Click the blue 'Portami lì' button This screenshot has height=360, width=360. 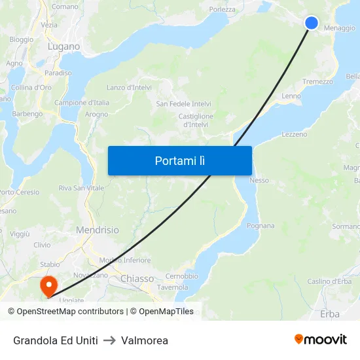coord(180,160)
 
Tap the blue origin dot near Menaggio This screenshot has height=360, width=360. coord(312,23)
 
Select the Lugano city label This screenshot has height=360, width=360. coord(64,46)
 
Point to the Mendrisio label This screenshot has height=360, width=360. coord(98,230)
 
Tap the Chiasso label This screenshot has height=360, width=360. coord(137,278)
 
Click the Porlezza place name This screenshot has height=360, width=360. coord(222,9)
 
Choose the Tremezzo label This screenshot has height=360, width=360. coord(317,82)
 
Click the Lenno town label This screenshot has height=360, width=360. coord(291,96)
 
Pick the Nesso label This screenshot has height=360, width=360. coord(259,180)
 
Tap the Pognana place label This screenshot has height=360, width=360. coord(261,225)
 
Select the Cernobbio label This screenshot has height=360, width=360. coord(182,276)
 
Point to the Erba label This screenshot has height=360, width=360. coord(330,314)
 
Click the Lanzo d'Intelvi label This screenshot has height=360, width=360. coord(129,87)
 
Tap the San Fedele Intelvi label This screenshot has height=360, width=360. coord(183,103)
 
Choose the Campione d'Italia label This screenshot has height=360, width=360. coord(82,103)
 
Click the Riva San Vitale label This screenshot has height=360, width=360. coord(81,188)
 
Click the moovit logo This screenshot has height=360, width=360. coord(321,340)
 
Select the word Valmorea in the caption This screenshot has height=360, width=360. coord(145,340)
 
